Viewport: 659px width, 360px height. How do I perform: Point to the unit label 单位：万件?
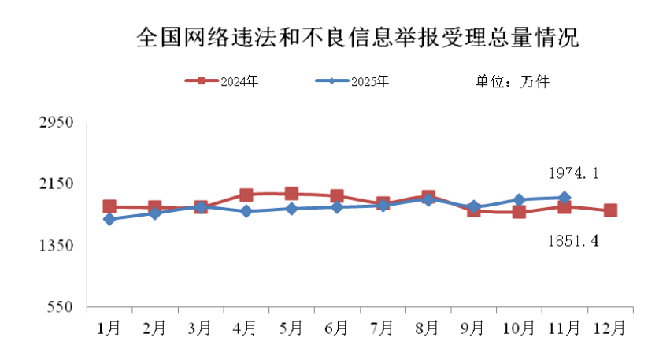click(x=512, y=81)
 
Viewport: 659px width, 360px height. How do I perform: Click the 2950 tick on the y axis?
click(x=56, y=122)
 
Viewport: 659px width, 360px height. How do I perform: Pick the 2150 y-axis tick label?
click(x=56, y=184)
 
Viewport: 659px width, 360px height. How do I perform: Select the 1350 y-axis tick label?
click(x=56, y=246)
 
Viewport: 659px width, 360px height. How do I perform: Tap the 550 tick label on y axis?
click(x=59, y=307)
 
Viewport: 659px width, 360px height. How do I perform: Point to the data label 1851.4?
click(x=573, y=240)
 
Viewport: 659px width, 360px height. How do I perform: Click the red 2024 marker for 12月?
click(x=610, y=210)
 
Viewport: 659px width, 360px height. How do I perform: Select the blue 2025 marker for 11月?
click(x=565, y=198)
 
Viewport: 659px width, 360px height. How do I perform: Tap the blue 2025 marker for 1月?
click(x=109, y=219)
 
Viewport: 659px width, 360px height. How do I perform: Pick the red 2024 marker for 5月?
click(x=291, y=193)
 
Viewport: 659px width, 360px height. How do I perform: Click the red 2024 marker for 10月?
click(x=519, y=212)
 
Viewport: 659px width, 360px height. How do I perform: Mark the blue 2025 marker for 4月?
click(x=246, y=211)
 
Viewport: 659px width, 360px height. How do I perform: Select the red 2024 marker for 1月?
click(x=109, y=206)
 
